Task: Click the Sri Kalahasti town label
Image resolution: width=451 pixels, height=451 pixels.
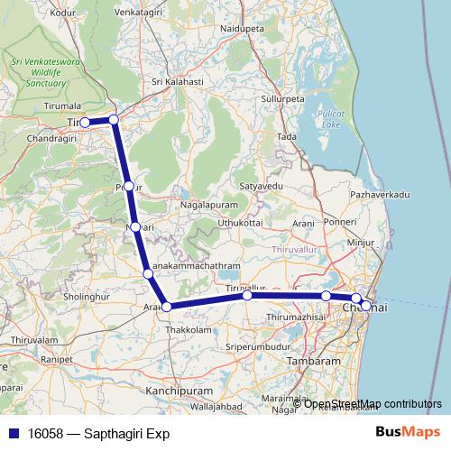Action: click(x=178, y=81)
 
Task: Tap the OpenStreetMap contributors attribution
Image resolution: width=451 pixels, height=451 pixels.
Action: click(x=373, y=403)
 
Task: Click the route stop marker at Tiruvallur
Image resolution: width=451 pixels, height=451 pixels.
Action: click(x=247, y=295)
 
